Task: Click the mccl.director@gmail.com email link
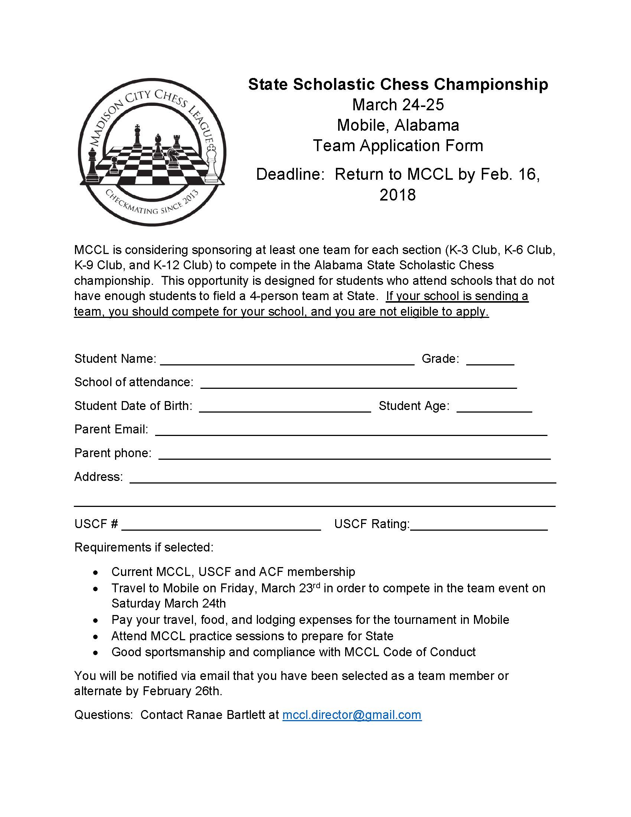click(352, 715)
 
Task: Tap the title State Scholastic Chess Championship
click(398, 84)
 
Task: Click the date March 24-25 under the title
click(398, 105)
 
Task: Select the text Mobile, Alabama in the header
click(398, 125)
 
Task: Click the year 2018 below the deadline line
click(398, 195)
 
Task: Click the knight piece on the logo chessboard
click(173, 156)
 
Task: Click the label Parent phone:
click(112, 453)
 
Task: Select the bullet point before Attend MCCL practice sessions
click(96, 636)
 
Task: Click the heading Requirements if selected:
click(144, 547)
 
